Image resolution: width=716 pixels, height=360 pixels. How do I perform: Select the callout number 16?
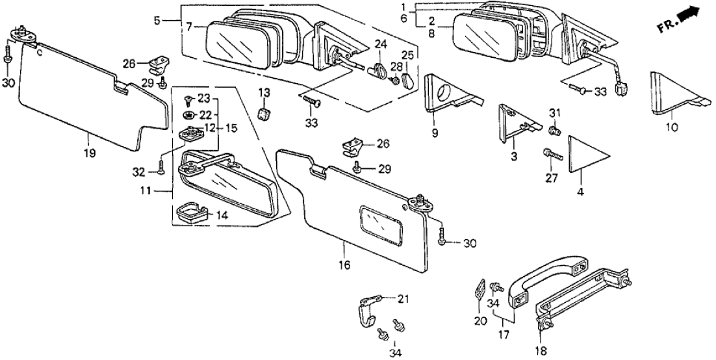tap(344, 264)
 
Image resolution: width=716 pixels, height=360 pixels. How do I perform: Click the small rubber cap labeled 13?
tap(264, 114)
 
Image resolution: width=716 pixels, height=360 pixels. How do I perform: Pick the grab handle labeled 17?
tap(546, 280)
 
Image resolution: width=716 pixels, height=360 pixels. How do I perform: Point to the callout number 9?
tap(435, 133)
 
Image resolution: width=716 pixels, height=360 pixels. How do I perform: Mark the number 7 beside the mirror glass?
tap(189, 27)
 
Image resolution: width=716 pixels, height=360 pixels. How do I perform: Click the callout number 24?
tap(380, 45)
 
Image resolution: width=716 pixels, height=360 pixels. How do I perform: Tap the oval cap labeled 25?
tap(407, 81)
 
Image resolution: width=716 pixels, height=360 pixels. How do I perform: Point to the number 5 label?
tap(157, 19)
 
